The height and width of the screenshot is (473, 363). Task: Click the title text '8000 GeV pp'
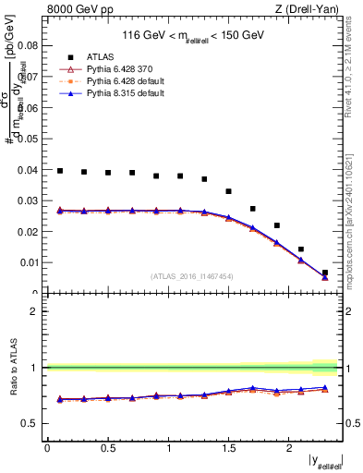coord(75,9)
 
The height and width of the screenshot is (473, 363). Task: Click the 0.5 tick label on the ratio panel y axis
coord(30,424)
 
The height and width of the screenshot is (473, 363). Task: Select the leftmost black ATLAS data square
coord(60,171)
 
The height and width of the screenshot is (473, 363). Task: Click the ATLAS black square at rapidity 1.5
coord(228,191)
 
